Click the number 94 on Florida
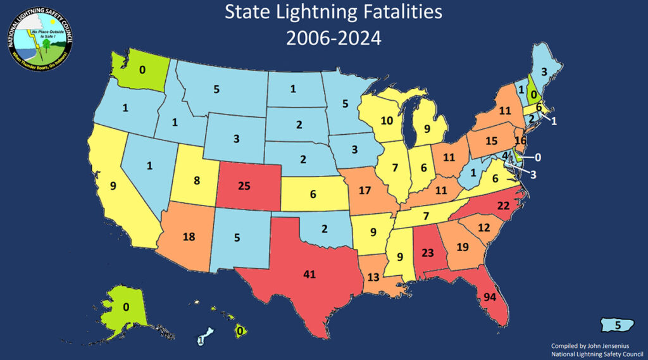tap(489, 297)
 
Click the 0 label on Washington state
tap(142, 70)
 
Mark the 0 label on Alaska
tap(125, 307)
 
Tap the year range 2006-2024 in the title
tap(333, 39)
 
